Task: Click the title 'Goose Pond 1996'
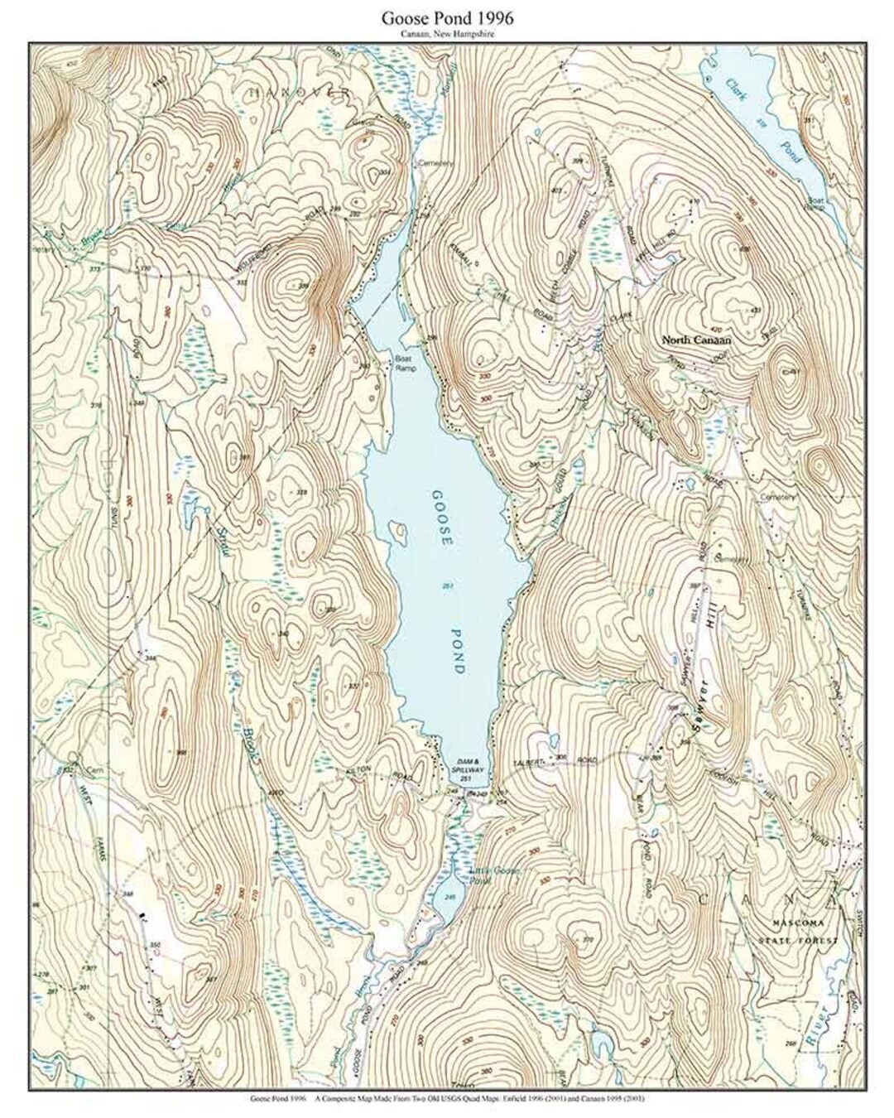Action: pyautogui.click(x=448, y=17)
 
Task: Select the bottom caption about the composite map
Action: pyautogui.click(x=448, y=1100)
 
